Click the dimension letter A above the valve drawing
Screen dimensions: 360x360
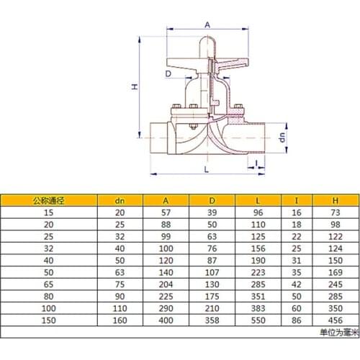click(x=207, y=24)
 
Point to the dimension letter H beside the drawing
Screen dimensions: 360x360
click(x=133, y=87)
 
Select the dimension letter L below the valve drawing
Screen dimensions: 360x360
click(x=207, y=169)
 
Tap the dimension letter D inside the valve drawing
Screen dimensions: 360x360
click(x=168, y=73)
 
